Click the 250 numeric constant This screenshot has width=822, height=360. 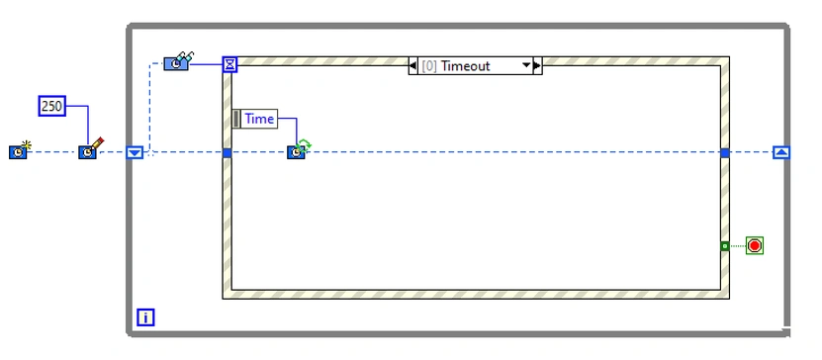(51, 106)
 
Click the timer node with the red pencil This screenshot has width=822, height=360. (89, 151)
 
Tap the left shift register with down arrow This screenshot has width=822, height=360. (136, 152)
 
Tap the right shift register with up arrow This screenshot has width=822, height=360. (781, 152)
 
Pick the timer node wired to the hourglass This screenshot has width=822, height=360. (176, 63)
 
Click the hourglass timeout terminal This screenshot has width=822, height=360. (229, 64)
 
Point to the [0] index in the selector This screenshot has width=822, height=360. (429, 66)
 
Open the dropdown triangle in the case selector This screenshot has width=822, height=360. (526, 66)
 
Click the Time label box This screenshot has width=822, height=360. (258, 119)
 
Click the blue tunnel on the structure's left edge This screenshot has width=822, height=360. (227, 152)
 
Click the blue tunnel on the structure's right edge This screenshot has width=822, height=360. (725, 152)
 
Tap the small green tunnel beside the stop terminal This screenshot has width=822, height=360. (725, 245)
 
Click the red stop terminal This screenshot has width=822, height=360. (755, 245)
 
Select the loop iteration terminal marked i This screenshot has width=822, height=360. (145, 317)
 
